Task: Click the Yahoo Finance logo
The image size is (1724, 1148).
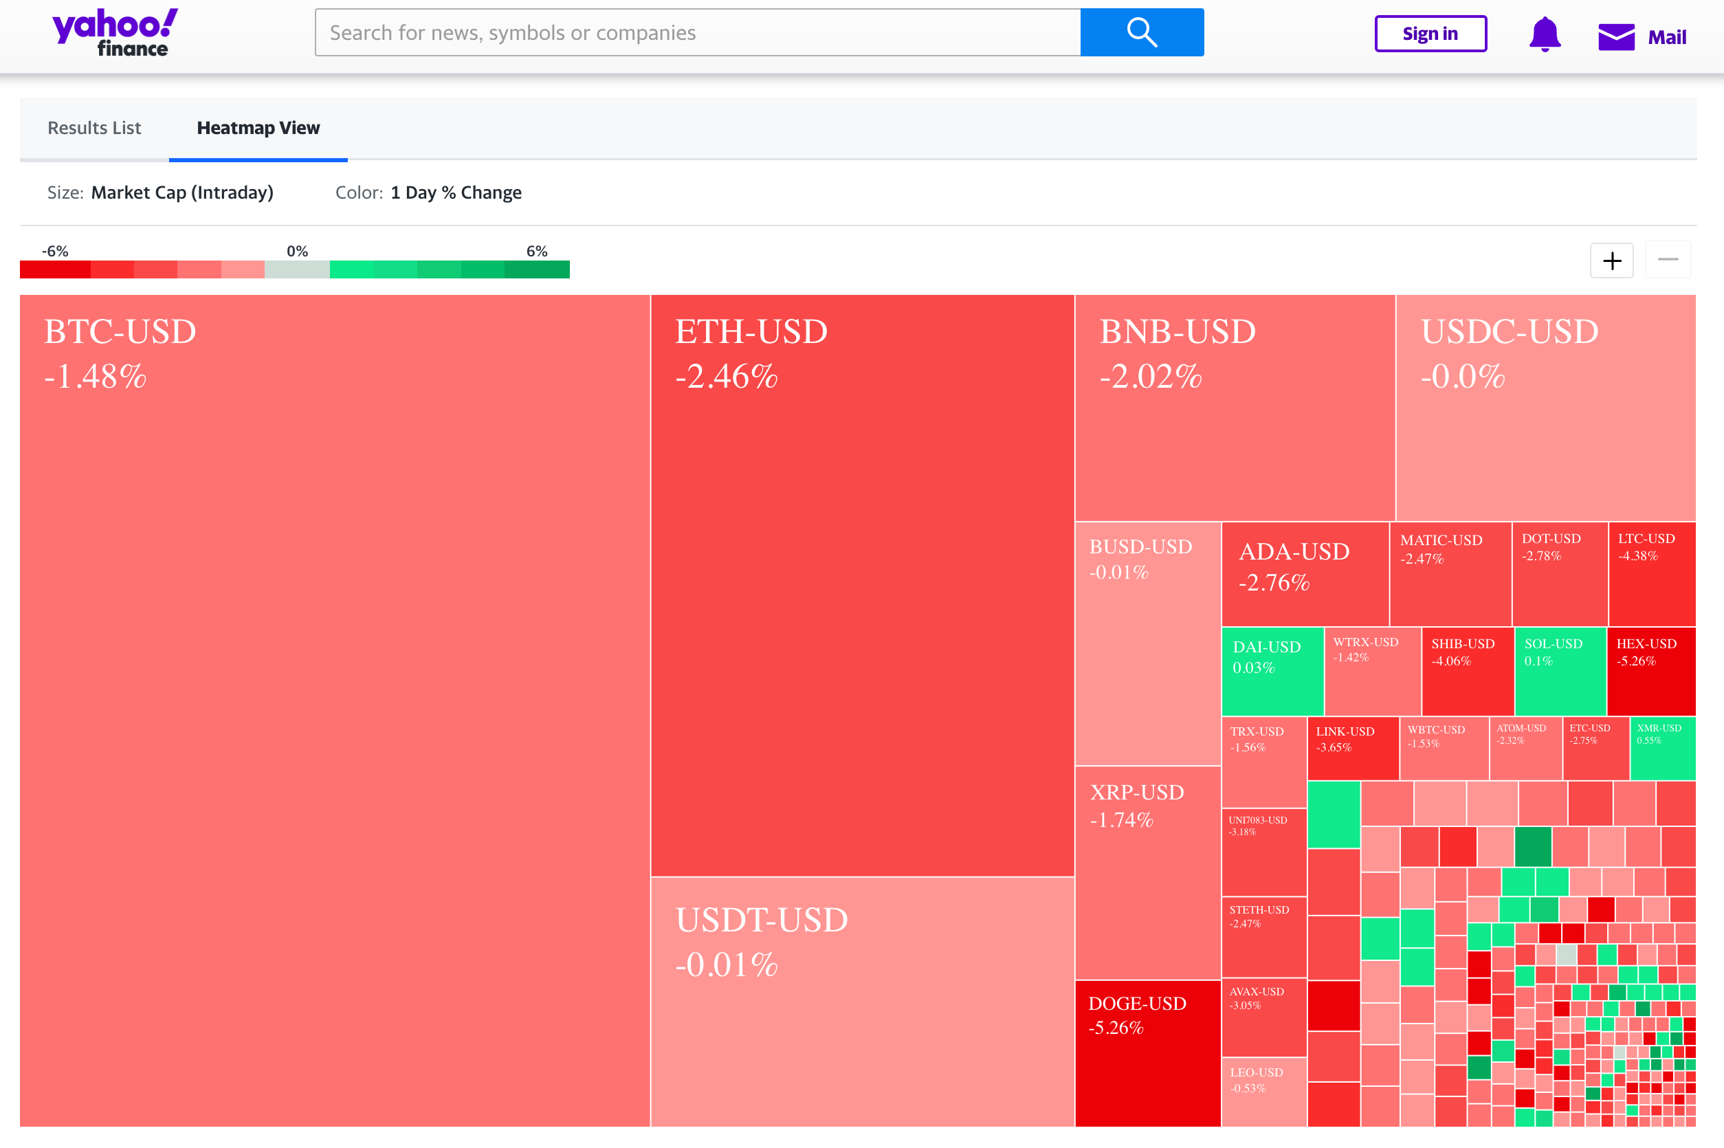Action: coord(115,33)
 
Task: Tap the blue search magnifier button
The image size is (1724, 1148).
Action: coord(1141,33)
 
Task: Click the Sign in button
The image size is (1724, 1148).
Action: coord(1430,34)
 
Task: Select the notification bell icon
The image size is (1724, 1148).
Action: coord(1545,34)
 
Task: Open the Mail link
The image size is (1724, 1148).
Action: coord(1642,36)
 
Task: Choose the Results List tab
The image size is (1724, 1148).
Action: coord(94,128)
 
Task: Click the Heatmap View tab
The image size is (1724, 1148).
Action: coord(258,128)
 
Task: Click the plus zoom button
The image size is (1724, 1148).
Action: coord(1611,261)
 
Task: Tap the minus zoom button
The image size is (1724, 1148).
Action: coord(1668,260)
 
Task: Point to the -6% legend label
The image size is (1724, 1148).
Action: coord(55,251)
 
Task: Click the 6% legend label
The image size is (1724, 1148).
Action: coord(537,251)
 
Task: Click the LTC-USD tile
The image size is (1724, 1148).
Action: coord(1652,574)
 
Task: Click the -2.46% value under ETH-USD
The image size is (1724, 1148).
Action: coord(726,376)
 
